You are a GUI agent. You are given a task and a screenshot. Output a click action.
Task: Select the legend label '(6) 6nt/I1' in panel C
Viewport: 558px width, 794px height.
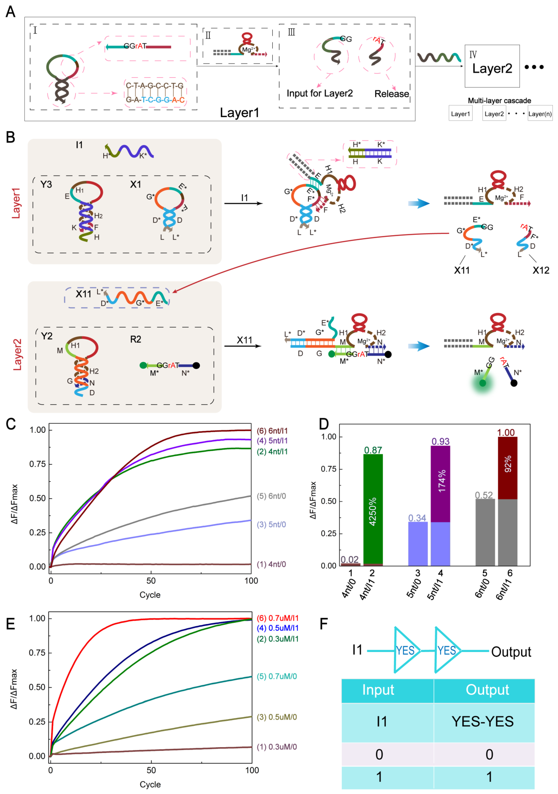tap(272, 431)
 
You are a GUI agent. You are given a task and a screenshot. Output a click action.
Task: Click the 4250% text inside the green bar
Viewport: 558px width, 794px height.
tap(373, 512)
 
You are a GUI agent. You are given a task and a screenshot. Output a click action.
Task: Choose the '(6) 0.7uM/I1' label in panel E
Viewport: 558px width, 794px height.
tap(277, 618)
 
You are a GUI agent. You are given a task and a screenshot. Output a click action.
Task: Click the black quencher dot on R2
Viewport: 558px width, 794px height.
tap(196, 365)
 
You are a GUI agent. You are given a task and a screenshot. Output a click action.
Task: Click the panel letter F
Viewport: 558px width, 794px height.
tap(324, 624)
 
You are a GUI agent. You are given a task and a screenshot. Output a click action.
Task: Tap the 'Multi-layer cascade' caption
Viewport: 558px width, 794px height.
tap(499, 101)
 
